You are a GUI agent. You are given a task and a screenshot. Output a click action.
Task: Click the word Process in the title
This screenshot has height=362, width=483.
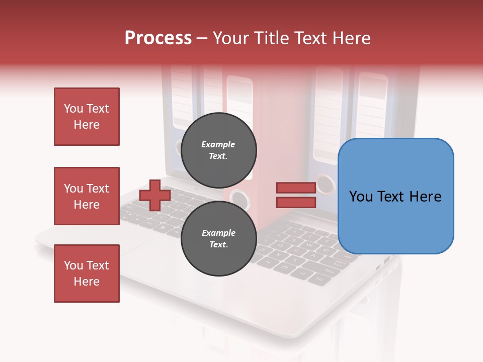coord(158,38)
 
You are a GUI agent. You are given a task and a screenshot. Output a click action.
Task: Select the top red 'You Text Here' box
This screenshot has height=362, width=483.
coord(87,117)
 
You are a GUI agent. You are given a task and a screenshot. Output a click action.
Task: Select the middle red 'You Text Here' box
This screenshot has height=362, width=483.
coord(87,196)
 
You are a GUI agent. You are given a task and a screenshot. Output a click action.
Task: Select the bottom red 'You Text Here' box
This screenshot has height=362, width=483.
coord(87,273)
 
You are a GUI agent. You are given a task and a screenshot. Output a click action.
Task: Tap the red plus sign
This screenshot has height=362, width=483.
coord(155,196)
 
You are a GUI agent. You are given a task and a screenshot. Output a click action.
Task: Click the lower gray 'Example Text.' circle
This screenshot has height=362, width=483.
coord(219,238)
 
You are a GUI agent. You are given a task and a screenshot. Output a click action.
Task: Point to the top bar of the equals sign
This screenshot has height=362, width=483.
coord(296,188)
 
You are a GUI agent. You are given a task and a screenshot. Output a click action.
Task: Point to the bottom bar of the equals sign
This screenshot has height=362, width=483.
coord(296,202)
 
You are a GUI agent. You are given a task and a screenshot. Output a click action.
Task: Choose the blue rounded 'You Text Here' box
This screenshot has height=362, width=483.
coord(395,196)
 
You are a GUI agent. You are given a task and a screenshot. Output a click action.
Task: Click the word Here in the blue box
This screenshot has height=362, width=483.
coord(426,197)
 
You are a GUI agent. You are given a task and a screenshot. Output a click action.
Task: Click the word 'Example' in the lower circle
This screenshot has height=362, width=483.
coord(218,233)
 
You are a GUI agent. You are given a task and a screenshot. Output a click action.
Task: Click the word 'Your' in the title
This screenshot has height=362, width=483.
coord(229,38)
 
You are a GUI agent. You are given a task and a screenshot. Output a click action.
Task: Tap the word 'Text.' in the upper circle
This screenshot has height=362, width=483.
coord(218,156)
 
